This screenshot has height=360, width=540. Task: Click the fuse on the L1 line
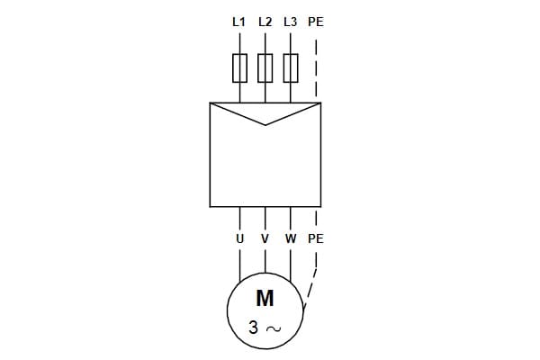click(239, 68)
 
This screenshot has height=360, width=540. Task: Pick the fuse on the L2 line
click(265, 68)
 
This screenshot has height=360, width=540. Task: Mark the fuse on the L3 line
click(290, 68)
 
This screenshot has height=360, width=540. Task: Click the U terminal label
click(239, 239)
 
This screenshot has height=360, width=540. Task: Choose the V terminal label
click(265, 239)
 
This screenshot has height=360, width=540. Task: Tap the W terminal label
click(290, 239)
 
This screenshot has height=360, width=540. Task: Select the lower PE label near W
click(315, 239)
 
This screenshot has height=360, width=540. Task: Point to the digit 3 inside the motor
click(254, 328)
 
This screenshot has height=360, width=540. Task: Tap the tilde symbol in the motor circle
click(273, 329)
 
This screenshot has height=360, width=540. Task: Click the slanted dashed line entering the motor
click(310, 289)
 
